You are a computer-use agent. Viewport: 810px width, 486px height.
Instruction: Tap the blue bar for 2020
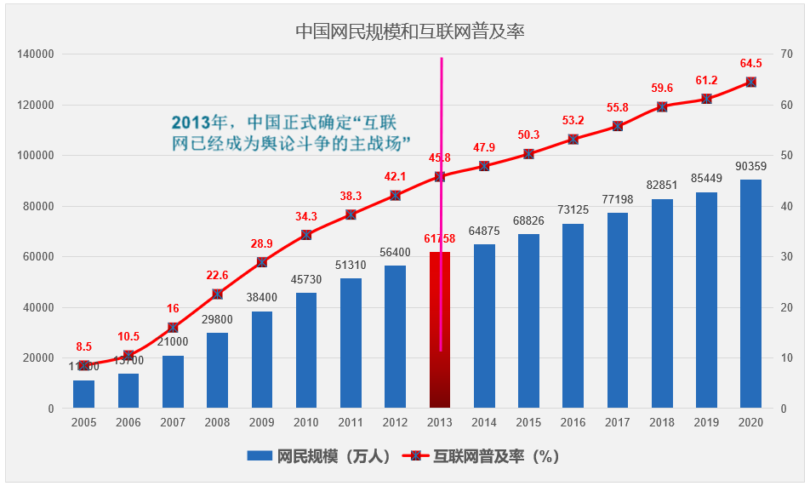(x=750, y=294)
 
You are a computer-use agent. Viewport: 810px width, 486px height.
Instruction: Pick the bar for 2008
(x=217, y=370)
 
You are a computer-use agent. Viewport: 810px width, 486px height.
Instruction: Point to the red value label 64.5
(x=750, y=64)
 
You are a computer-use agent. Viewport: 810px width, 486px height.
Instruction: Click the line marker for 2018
(x=662, y=107)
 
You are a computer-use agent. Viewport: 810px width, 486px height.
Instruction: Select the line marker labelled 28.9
(x=262, y=262)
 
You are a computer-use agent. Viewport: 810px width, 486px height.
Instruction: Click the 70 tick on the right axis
(x=787, y=54)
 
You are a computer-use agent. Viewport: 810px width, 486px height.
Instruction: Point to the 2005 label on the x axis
(x=83, y=423)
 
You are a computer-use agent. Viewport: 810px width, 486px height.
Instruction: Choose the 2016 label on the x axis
(x=573, y=423)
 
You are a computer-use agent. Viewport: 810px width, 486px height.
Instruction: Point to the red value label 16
(x=173, y=309)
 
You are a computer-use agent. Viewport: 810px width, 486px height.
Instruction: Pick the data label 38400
(x=262, y=298)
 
